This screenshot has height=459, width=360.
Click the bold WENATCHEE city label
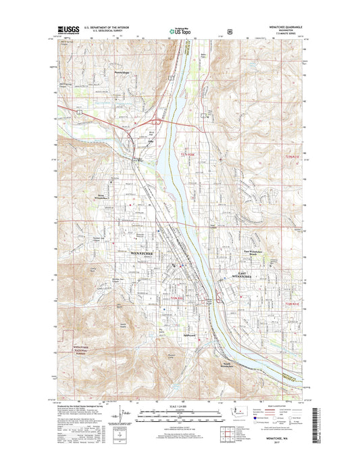tap(139, 253)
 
